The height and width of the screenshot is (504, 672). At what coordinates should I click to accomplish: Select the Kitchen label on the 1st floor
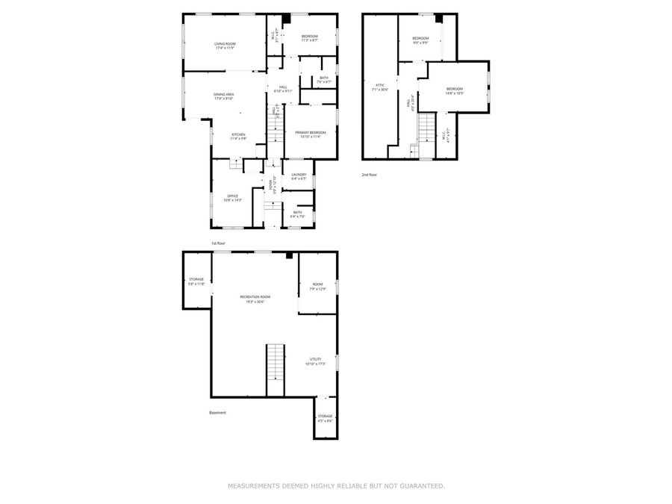pos(238,137)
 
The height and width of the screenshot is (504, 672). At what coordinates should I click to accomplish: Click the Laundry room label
pos(299,176)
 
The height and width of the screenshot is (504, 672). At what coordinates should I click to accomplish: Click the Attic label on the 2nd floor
pos(380,87)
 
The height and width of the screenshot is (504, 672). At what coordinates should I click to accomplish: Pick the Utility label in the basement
pos(316,361)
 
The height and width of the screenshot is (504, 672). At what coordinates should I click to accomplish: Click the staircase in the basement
pos(276,370)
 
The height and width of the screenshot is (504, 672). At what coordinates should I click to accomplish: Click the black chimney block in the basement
pos(289,255)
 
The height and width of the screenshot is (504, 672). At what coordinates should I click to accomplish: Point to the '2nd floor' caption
pos(370,175)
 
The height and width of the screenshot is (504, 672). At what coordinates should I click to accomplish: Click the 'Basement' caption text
pos(217,412)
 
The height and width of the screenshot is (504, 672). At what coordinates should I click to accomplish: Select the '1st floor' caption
pos(218,243)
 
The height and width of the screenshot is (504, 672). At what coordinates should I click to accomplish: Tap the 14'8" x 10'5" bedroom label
pos(455,91)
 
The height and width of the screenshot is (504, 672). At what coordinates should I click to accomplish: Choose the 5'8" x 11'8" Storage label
pos(196,281)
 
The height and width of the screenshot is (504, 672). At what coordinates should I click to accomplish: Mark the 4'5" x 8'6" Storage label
pos(325,418)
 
